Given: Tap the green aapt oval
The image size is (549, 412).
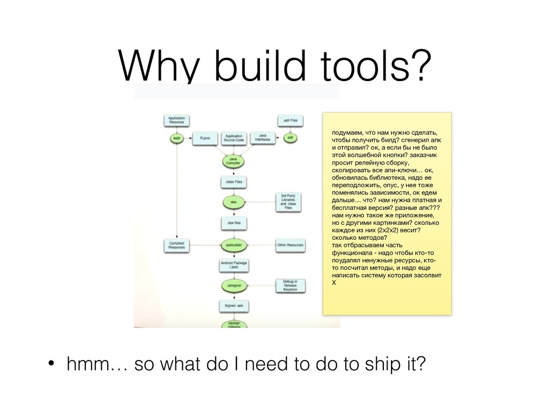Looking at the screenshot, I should click(x=176, y=138).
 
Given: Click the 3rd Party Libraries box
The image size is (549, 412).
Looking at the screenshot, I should click(x=290, y=202).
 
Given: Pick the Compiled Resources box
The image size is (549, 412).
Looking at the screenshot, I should click(x=177, y=245).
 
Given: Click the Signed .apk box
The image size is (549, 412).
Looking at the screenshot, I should click(x=233, y=306).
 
